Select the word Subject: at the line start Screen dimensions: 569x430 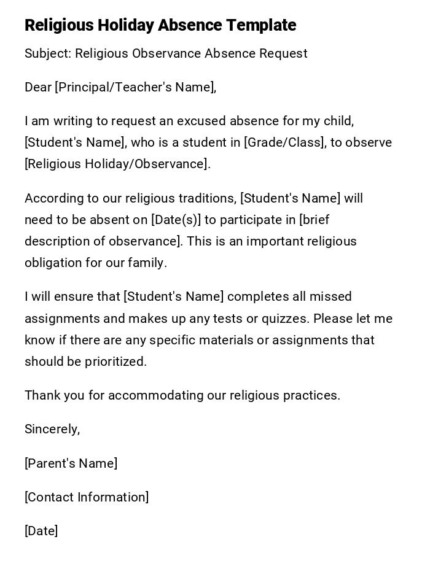[48, 53]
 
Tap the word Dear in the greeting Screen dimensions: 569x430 [38, 87]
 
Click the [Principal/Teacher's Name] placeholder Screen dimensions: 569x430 [135, 87]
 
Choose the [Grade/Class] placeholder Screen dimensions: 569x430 [285, 142]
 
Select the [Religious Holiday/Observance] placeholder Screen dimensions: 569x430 [117, 164]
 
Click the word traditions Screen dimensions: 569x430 [207, 198]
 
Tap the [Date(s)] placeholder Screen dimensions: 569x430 [176, 220]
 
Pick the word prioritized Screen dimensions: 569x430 [115, 362]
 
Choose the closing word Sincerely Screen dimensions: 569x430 [52, 429]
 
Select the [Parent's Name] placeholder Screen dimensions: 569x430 [71, 463]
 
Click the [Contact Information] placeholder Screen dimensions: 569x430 [87, 497]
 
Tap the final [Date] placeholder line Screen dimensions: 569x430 [41, 531]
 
